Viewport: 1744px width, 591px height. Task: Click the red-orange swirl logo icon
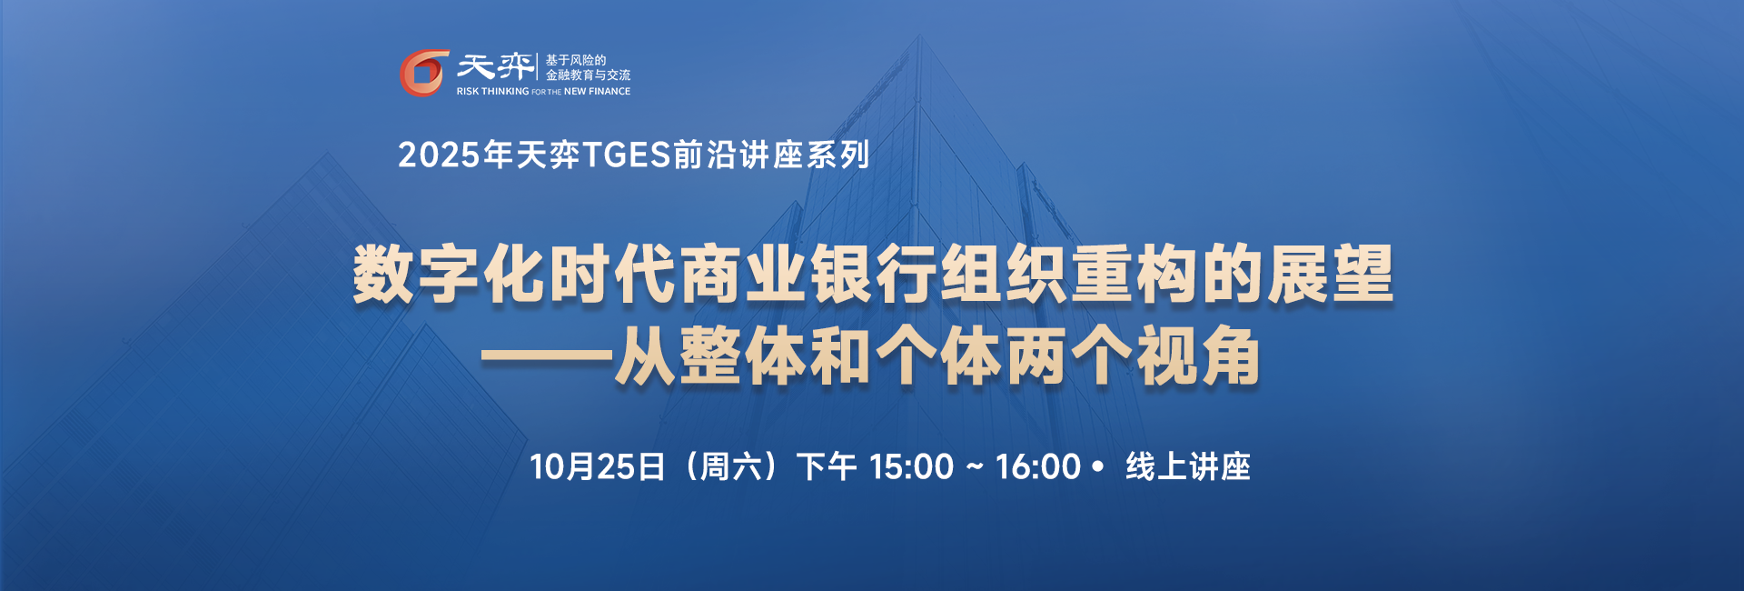coord(424,73)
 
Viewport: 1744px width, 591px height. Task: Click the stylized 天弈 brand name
coord(495,66)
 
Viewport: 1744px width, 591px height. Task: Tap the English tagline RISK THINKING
coord(492,91)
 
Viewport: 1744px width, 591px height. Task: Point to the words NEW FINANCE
coord(597,91)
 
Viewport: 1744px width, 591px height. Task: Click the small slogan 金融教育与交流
coord(588,75)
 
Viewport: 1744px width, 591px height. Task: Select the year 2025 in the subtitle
coord(439,155)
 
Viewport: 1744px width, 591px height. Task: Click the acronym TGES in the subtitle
coord(626,155)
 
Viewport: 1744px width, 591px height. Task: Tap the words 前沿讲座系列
coord(771,155)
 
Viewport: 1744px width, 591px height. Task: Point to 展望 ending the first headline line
coord(1330,274)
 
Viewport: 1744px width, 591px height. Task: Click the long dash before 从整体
coord(547,357)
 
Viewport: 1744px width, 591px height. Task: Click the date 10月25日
coord(598,466)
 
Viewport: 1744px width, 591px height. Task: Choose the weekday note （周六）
coord(730,466)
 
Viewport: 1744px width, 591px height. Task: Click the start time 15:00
coord(911,467)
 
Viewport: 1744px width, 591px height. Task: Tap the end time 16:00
coord(1038,467)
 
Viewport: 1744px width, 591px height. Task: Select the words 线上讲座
coord(1188,466)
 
